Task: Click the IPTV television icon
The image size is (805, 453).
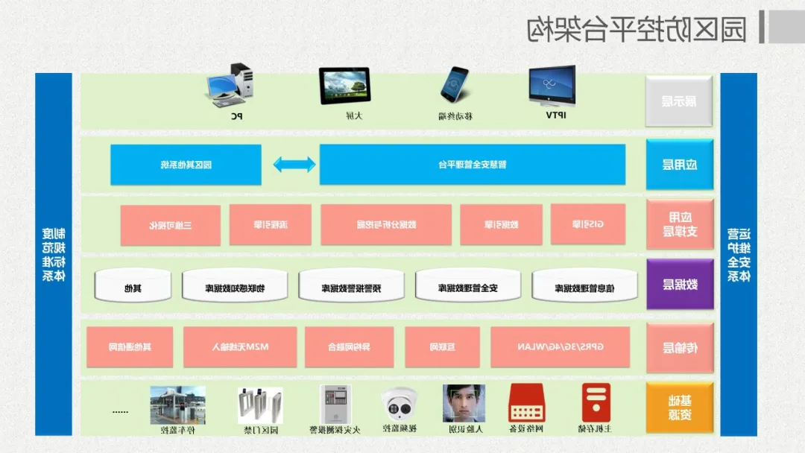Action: point(552,85)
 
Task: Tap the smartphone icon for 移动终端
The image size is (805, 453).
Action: point(454,84)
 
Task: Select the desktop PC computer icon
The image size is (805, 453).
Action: point(230,85)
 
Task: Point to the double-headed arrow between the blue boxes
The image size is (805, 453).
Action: point(294,164)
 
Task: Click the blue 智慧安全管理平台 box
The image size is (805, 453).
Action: point(473,164)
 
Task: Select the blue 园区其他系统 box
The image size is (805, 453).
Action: point(186,164)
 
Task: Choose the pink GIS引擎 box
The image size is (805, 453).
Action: point(588,224)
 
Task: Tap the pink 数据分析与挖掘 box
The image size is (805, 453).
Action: point(386,224)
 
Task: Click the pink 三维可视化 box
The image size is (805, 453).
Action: point(171,225)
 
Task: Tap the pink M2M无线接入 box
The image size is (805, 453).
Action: point(239,346)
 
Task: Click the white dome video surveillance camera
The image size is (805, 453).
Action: point(399,405)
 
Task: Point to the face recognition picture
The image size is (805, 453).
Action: point(464,404)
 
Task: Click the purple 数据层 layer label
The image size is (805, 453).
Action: point(679,284)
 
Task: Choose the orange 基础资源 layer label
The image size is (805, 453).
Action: point(679,408)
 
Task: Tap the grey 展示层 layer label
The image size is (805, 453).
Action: point(679,101)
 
